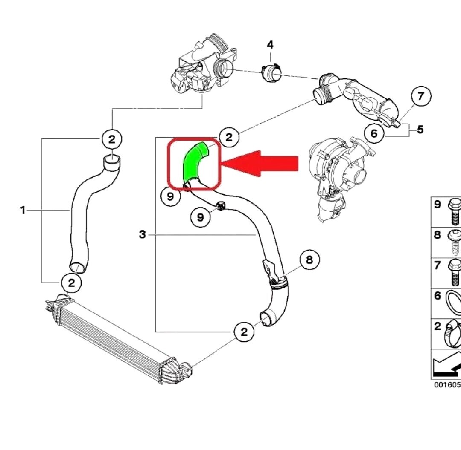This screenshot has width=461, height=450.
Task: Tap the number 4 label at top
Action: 270,45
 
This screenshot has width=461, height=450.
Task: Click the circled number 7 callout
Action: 421,96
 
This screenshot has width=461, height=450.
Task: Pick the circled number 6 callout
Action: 374,134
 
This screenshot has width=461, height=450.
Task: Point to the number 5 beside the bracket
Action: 420,129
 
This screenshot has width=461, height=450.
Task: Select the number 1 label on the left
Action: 23,210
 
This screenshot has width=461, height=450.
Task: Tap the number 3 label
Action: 142,234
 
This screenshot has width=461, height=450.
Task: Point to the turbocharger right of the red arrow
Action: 339,170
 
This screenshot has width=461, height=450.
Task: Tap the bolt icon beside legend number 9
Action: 454,211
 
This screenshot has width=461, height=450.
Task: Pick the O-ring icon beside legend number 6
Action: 453,303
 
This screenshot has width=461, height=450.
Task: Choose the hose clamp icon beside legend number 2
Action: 452,334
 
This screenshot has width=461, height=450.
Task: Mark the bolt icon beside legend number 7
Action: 454,273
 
